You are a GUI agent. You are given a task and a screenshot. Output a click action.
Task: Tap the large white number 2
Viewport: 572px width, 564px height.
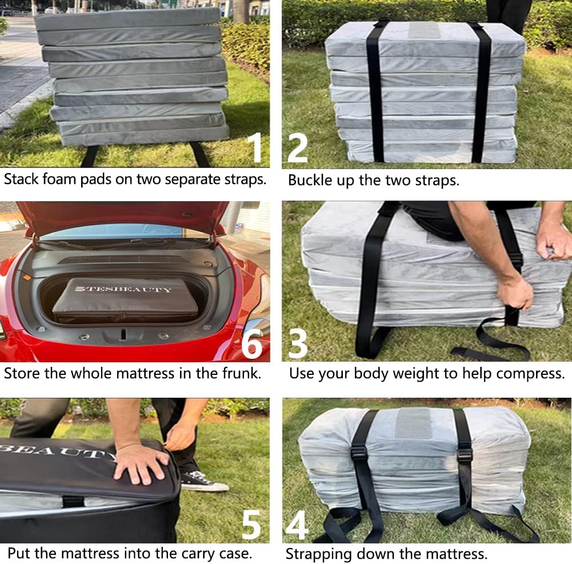297,147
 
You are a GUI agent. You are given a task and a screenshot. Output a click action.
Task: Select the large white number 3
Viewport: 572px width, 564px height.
298,343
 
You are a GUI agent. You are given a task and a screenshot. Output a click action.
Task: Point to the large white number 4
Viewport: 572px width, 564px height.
297,525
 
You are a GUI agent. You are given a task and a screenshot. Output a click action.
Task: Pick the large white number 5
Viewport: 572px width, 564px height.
251,524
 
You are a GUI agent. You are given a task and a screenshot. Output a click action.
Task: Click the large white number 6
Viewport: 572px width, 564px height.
251,343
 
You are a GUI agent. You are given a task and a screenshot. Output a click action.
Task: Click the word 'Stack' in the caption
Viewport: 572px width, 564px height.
21,179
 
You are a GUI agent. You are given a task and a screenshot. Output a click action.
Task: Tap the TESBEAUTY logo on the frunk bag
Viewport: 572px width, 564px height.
123,289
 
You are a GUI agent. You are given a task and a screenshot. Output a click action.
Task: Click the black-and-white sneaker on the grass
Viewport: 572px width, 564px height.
204,481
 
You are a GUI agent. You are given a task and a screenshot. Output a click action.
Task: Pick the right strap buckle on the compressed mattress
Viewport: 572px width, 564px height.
465,455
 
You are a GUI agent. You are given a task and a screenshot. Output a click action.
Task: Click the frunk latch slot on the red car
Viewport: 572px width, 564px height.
123,334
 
